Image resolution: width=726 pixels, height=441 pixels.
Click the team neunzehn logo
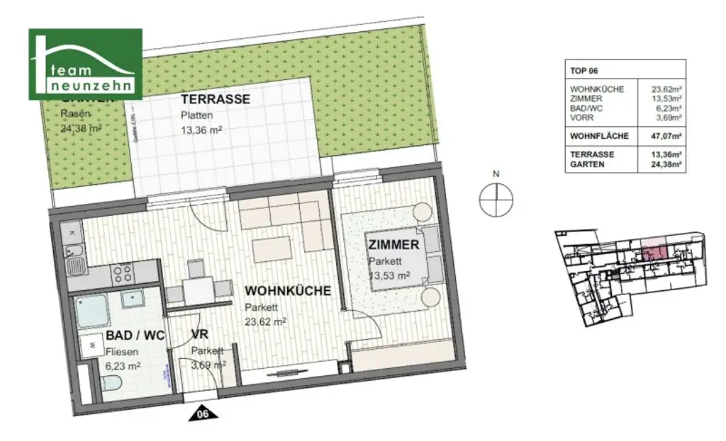[x=85, y=64]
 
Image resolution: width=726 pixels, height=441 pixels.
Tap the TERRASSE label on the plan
[x=215, y=100]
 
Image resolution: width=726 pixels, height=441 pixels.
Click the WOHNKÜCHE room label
[x=287, y=291]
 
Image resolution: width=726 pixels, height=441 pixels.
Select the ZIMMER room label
[x=393, y=246]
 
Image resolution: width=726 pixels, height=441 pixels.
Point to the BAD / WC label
[x=135, y=337]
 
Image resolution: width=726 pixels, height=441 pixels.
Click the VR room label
[x=199, y=337]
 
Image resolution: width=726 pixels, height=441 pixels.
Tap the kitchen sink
[x=74, y=267]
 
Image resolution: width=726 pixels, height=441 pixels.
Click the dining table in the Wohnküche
[x=201, y=290]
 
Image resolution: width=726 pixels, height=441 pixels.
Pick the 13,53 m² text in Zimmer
[x=389, y=275]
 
